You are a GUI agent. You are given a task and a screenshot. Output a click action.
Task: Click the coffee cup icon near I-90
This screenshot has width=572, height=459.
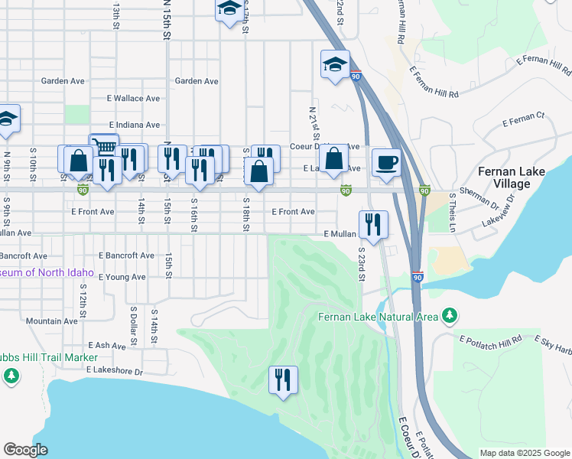(386, 163)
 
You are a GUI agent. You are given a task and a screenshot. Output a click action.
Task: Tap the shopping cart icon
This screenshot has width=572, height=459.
(104, 145)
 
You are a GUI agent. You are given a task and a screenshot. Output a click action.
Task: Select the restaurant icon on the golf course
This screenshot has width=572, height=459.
(283, 379)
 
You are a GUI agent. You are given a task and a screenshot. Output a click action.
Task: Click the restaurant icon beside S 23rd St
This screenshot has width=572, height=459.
(373, 224)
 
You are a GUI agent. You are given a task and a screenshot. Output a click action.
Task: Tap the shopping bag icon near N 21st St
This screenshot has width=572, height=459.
(334, 160)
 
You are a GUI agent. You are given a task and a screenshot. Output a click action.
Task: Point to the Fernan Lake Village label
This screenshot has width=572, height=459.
(512, 177)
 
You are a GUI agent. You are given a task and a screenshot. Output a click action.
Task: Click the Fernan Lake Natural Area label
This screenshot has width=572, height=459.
(378, 317)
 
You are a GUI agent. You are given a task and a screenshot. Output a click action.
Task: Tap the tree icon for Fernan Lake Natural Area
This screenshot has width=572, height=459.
(450, 315)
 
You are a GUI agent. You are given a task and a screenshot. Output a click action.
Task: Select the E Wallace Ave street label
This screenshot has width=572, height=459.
(133, 99)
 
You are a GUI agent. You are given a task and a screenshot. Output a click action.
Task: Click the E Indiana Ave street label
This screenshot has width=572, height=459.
(135, 125)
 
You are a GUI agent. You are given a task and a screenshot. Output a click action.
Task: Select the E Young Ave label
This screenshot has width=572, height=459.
(122, 277)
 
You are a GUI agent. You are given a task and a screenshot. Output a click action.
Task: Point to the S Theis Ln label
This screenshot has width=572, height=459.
(453, 213)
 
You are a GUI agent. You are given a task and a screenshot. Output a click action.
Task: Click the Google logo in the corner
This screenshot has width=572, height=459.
(25, 450)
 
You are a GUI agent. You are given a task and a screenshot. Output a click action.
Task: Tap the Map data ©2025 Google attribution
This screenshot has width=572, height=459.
(524, 453)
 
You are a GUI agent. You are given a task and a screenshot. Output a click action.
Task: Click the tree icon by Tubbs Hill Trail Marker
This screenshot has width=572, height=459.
(11, 375)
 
